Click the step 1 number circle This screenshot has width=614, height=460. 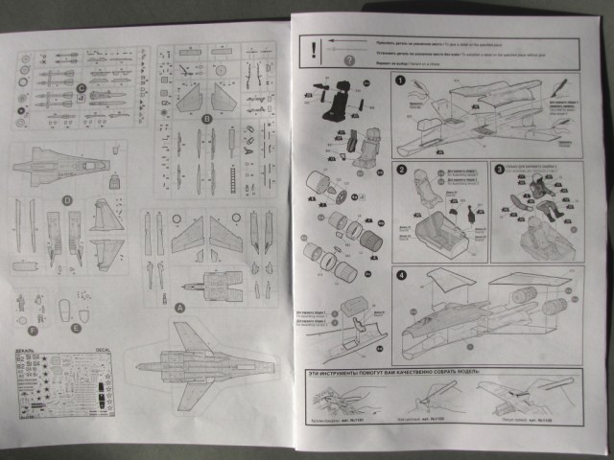[401, 80]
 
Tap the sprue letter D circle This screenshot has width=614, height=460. [67, 200]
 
